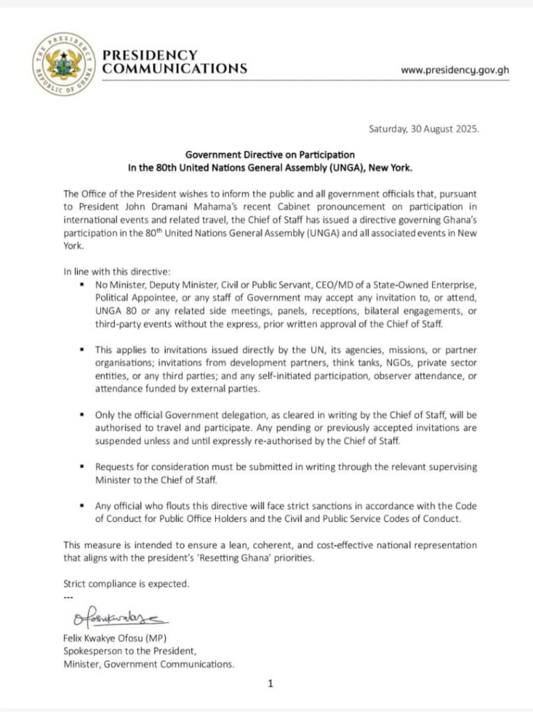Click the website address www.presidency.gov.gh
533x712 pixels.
pyautogui.click(x=455, y=71)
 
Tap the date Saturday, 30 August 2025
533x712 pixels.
pyautogui.click(x=423, y=129)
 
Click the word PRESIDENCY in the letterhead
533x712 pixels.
pyautogui.click(x=150, y=55)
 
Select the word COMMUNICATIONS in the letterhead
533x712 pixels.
pyautogui.click(x=175, y=69)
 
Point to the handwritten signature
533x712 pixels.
pyautogui.click(x=118, y=617)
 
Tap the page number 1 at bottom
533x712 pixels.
pyautogui.click(x=271, y=683)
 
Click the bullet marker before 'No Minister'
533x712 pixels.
pyautogui.click(x=83, y=286)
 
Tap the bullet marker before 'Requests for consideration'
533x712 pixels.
pyautogui.click(x=83, y=467)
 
